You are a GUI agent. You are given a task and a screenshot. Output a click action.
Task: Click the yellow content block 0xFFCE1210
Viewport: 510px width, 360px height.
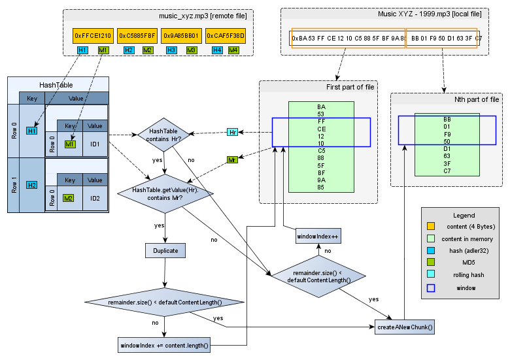coord(93,35)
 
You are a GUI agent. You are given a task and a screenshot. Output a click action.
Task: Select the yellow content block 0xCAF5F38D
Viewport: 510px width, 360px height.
coord(225,35)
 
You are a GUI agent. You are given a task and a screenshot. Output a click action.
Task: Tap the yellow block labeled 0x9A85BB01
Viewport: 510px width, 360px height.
coord(181,35)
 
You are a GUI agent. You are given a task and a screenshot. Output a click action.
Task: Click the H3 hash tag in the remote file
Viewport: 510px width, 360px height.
coord(171,50)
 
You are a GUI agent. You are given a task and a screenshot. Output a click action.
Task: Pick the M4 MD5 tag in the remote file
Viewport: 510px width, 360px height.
coord(233,50)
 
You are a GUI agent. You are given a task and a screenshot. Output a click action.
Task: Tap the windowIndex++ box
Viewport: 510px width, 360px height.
coord(318,236)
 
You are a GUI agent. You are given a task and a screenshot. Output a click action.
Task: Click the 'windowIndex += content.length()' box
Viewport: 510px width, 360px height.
coord(164,345)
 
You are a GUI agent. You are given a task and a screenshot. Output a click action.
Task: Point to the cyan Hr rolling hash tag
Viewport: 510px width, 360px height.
coord(232,132)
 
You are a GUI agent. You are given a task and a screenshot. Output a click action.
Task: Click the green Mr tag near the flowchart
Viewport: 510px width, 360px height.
coord(232,159)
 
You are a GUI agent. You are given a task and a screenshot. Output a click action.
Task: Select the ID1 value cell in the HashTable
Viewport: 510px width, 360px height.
coord(95,144)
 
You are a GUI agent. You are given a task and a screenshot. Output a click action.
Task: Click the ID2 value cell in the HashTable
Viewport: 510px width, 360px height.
coord(95,197)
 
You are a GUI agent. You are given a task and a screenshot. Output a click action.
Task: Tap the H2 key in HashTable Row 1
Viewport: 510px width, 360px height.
coord(31,185)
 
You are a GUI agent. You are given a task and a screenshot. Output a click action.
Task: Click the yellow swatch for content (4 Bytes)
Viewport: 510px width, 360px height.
coord(430,226)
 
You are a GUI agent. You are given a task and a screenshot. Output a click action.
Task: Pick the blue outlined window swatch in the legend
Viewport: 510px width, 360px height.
coord(430,287)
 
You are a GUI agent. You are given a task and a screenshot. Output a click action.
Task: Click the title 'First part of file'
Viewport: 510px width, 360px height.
coord(350,87)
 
